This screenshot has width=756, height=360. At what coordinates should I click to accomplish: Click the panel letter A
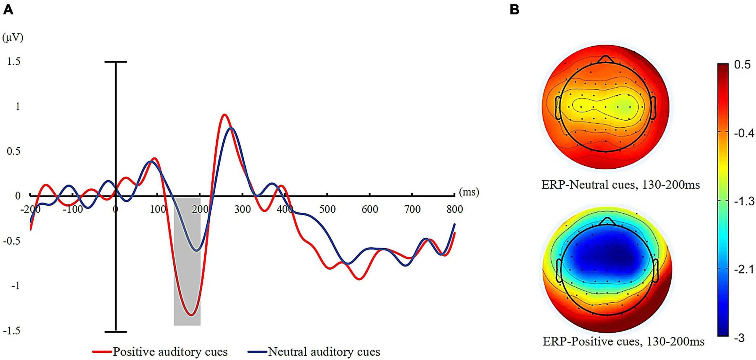pyautogui.click(x=8, y=10)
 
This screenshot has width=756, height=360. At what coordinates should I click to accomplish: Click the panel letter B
pyautogui.click(x=514, y=10)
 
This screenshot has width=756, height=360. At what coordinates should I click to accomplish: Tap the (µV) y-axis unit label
pyautogui.click(x=12, y=38)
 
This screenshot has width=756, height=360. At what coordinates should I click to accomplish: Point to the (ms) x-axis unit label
pyautogui.click(x=469, y=192)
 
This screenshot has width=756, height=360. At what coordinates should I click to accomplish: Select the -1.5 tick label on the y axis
pyautogui.click(x=12, y=330)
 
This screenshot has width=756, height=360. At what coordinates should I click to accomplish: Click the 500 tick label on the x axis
pyautogui.click(x=327, y=209)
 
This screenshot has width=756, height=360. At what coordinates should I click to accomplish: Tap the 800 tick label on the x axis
pyautogui.click(x=454, y=209)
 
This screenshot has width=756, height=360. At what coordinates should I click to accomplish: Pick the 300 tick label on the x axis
pyautogui.click(x=242, y=209)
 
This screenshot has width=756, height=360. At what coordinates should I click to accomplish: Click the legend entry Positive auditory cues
pyautogui.click(x=170, y=352)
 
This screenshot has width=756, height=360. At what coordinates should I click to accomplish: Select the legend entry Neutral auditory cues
pyautogui.click(x=324, y=352)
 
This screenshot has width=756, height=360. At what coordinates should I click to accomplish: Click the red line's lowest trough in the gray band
pyautogui.click(x=191, y=315)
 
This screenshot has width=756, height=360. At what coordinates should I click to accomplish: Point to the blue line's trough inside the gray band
pyautogui.click(x=196, y=250)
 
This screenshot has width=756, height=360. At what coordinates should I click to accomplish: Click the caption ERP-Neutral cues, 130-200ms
pyautogui.click(x=620, y=185)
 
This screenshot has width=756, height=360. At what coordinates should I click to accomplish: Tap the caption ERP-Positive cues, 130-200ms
pyautogui.click(x=623, y=342)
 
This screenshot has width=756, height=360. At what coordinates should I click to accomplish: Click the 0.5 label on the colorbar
pyautogui.click(x=742, y=65)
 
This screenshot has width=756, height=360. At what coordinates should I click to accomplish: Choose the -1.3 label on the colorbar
pyautogui.click(x=744, y=201)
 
